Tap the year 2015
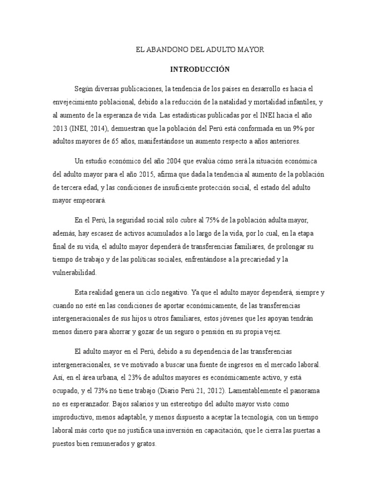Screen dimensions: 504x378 click(145, 175)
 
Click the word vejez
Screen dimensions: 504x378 click(272, 332)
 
